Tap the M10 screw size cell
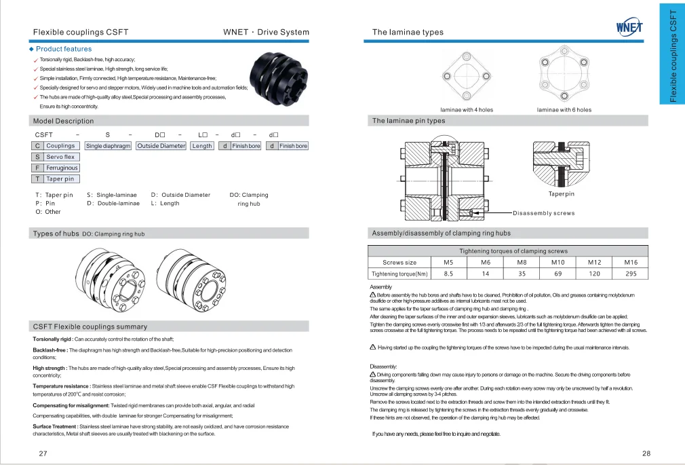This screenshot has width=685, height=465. pyautogui.click(x=557, y=262)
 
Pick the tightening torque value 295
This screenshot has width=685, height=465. pyautogui.click(x=631, y=274)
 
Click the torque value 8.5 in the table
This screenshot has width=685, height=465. pyautogui.click(x=448, y=274)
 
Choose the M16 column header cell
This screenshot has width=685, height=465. pyautogui.click(x=631, y=262)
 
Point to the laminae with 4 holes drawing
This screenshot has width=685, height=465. pyautogui.click(x=467, y=76)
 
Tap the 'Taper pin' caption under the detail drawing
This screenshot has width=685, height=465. pyautogui.click(x=561, y=194)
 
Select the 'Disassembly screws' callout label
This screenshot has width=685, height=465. pyautogui.click(x=543, y=213)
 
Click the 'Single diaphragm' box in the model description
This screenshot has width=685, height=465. pyautogui.click(x=108, y=146)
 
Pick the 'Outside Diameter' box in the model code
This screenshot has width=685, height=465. pyautogui.click(x=161, y=146)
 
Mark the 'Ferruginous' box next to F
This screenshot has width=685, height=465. pyautogui.click(x=62, y=168)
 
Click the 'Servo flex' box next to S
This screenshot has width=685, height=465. pyautogui.click(x=60, y=157)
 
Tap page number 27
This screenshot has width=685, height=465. pyautogui.click(x=43, y=453)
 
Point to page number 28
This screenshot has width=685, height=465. pyautogui.click(x=646, y=453)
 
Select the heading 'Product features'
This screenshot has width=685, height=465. pyautogui.click(x=63, y=49)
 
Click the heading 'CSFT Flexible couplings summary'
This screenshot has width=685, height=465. pyautogui.click(x=90, y=327)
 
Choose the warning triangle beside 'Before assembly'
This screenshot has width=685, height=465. pyautogui.click(x=373, y=295)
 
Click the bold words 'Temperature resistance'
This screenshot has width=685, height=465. pyautogui.click(x=62, y=386)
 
